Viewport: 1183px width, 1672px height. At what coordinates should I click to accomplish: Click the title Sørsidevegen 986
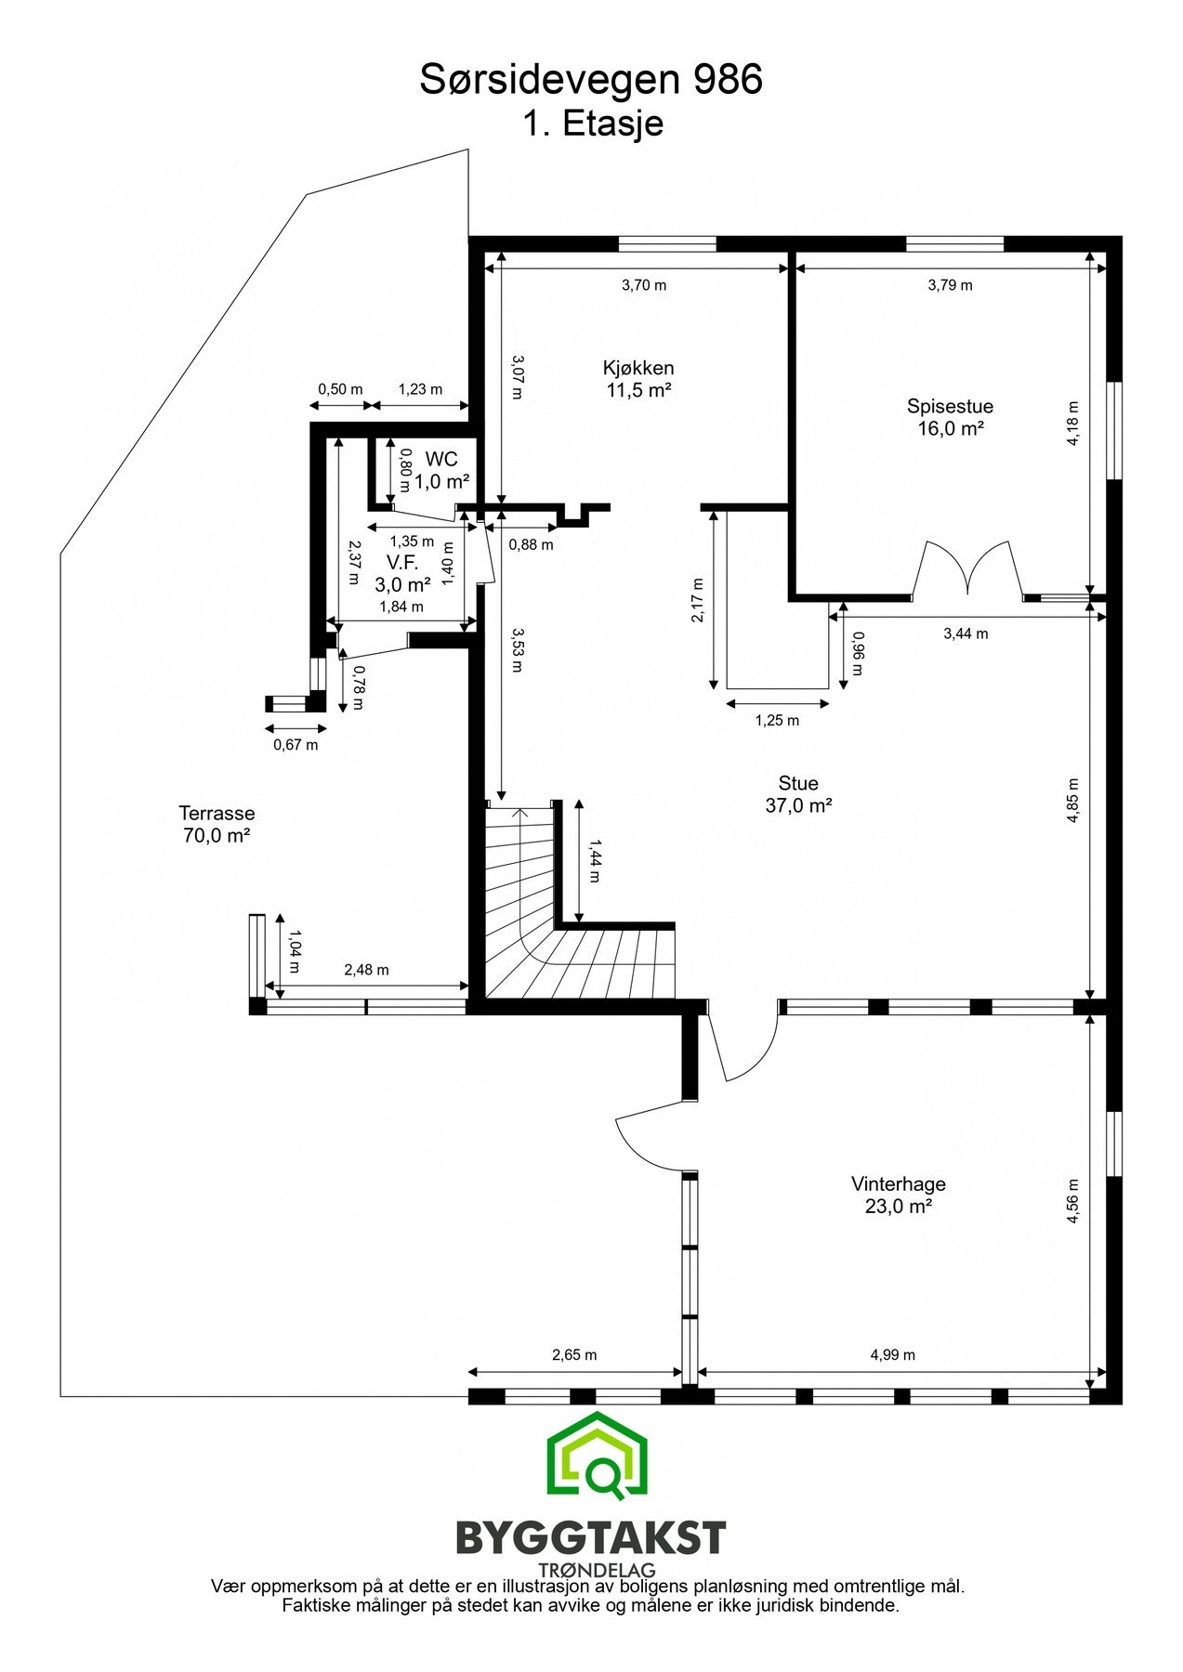point(591,81)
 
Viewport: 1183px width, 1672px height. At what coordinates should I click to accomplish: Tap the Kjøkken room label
point(638,378)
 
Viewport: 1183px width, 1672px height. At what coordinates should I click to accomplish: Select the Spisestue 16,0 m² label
point(950,417)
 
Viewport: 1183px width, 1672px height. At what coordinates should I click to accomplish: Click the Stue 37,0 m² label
point(797,794)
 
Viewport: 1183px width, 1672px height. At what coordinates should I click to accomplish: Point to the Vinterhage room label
point(898,1195)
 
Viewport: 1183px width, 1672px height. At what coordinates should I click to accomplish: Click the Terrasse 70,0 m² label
point(217,824)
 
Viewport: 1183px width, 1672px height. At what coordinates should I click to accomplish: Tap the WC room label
point(441,470)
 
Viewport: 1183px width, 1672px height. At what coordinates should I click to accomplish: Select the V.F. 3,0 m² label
point(402,573)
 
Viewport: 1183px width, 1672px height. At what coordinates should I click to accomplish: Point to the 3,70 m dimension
point(644,285)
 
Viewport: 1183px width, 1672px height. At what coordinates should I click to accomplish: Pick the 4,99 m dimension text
point(892,1355)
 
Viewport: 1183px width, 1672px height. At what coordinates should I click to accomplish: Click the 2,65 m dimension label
point(574,1355)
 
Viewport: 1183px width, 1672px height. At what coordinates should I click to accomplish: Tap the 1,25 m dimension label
point(777,720)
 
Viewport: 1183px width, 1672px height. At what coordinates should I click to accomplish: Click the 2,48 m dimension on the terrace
point(366,970)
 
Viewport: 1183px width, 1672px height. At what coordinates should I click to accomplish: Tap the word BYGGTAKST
point(590,1538)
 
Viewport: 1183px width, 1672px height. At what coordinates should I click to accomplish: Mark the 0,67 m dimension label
point(296,744)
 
